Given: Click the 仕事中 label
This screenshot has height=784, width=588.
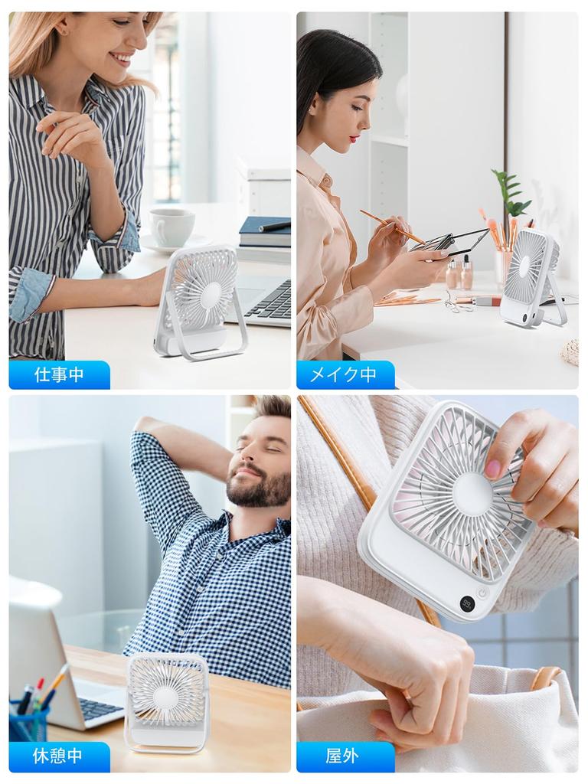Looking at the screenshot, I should pos(59,375).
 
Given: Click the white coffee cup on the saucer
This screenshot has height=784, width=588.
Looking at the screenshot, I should pos(171,227).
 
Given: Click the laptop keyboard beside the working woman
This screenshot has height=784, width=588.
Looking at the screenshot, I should pos(269,301).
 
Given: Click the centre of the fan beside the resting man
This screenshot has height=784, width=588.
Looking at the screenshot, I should pos(165,697).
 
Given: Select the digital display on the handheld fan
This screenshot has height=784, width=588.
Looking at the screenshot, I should pos(467,603).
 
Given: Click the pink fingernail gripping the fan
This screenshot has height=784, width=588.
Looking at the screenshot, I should pos(493,469).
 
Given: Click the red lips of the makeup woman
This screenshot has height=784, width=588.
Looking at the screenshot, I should pos(354,139).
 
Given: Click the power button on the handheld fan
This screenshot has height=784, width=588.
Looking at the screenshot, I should pos(483,592).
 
